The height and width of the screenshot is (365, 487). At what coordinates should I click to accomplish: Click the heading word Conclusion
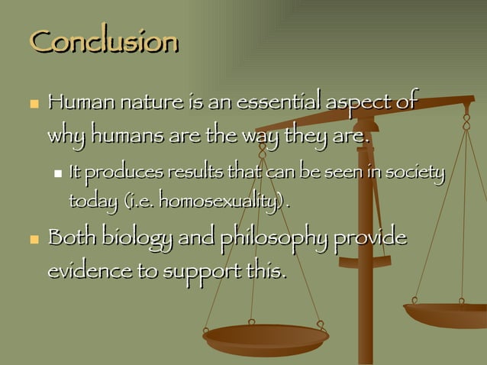[103, 42]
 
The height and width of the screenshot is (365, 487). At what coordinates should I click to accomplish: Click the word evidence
[87, 272]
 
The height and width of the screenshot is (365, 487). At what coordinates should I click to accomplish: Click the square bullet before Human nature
[33, 102]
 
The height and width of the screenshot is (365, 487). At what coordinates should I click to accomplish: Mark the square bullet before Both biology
[33, 239]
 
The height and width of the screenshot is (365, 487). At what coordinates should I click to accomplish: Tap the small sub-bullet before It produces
[58, 175]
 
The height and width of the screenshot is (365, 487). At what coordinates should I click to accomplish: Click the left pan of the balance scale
[266, 338]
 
